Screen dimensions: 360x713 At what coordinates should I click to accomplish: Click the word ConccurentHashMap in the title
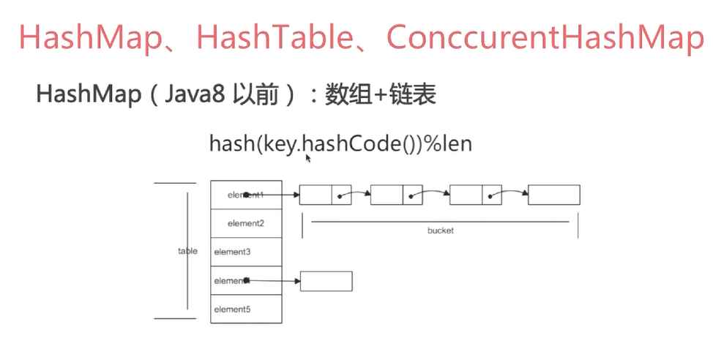(x=545, y=38)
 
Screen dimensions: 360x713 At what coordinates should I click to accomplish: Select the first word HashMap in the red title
(x=91, y=38)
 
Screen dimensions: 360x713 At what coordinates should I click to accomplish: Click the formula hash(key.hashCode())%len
(x=340, y=143)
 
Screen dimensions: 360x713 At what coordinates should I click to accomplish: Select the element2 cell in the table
(x=245, y=223)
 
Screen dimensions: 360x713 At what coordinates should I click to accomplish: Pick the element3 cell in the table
(x=245, y=252)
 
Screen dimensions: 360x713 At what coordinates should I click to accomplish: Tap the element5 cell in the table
(x=245, y=309)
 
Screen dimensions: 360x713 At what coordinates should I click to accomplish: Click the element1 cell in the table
(x=245, y=195)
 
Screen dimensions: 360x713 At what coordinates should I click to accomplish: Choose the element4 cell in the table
(x=245, y=280)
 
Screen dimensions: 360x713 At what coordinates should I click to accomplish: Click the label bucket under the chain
(x=441, y=230)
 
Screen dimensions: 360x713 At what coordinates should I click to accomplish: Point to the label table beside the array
(x=187, y=251)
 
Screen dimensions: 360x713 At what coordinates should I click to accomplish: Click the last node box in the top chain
(x=553, y=195)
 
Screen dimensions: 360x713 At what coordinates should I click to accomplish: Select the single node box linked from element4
(x=326, y=281)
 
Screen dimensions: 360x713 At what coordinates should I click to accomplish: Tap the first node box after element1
(x=325, y=195)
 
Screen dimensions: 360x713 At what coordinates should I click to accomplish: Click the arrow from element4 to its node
(x=275, y=280)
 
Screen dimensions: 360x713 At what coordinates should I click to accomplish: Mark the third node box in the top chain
(x=475, y=195)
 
